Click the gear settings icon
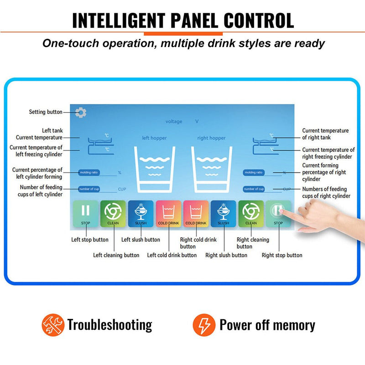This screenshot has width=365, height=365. click(x=81, y=112)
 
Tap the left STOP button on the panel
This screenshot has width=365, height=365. click(x=86, y=214)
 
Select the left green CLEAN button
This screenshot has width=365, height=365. click(x=113, y=214)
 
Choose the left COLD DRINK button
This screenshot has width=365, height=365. click(x=169, y=214)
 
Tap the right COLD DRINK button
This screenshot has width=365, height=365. click(x=196, y=214)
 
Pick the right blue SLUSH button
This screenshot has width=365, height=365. click(x=224, y=214)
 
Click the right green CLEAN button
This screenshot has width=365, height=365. click(x=251, y=214)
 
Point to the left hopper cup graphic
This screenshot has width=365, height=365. click(x=156, y=168)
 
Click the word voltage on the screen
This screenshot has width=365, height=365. click(x=174, y=121)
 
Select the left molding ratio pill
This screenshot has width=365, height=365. click(x=89, y=172)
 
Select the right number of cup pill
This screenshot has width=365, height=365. click(x=254, y=189)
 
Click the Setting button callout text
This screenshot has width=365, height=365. click(x=46, y=112)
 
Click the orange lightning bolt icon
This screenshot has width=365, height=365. click(x=203, y=325)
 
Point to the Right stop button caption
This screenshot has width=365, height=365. click(x=282, y=255)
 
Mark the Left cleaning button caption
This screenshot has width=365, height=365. click(x=116, y=255)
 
